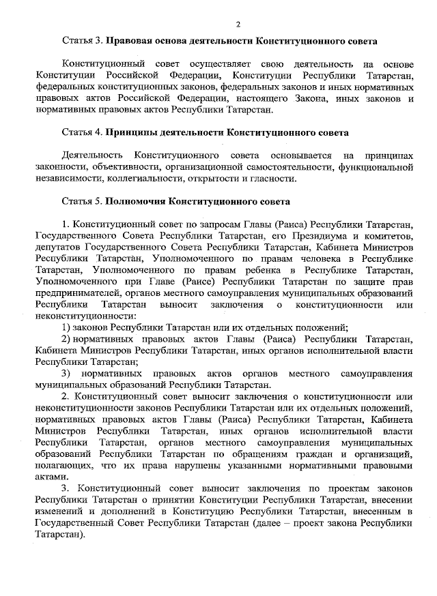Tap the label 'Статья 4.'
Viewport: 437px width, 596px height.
click(x=82, y=132)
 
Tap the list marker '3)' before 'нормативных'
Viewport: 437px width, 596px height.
click(x=66, y=374)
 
